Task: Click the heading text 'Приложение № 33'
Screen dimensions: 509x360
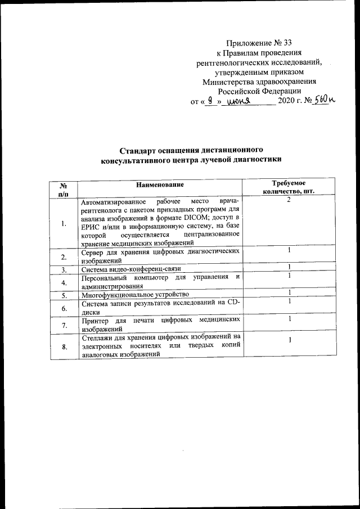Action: click(x=259, y=42)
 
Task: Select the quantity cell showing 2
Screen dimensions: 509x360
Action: click(x=288, y=200)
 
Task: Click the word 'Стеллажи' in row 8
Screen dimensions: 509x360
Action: click(x=97, y=337)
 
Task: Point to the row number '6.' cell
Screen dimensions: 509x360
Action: click(x=64, y=308)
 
